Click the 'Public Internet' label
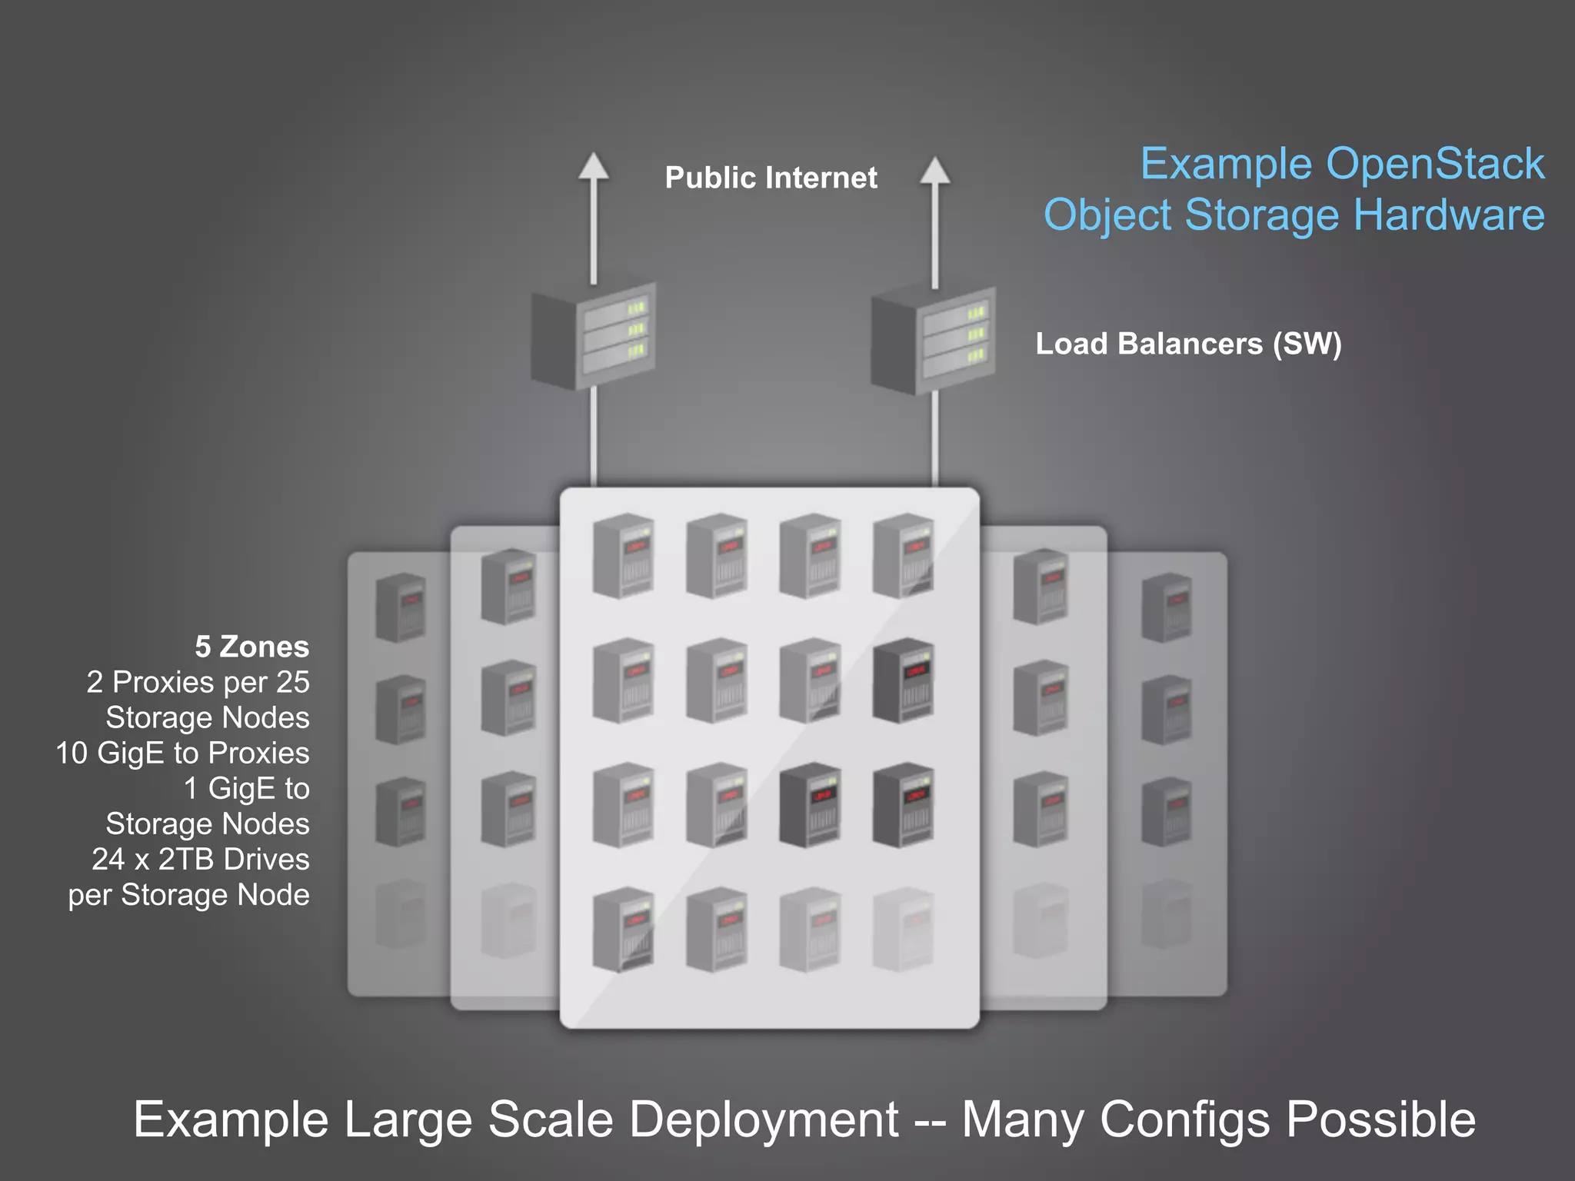tap(771, 178)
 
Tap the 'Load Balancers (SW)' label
tap(1188, 344)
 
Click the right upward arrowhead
tap(934, 171)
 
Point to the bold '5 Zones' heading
tap(251, 647)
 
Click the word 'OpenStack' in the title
tap(1435, 164)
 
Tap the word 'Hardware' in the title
tap(1449, 215)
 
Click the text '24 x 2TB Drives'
tap(200, 859)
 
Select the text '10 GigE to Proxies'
tap(182, 753)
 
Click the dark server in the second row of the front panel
tap(904, 680)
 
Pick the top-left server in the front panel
tap(624, 556)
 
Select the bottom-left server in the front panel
tap(624, 930)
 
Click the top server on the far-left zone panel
tap(401, 607)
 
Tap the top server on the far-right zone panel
tap(1167, 607)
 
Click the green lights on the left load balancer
tap(636, 330)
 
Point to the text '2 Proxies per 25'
tap(198, 682)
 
